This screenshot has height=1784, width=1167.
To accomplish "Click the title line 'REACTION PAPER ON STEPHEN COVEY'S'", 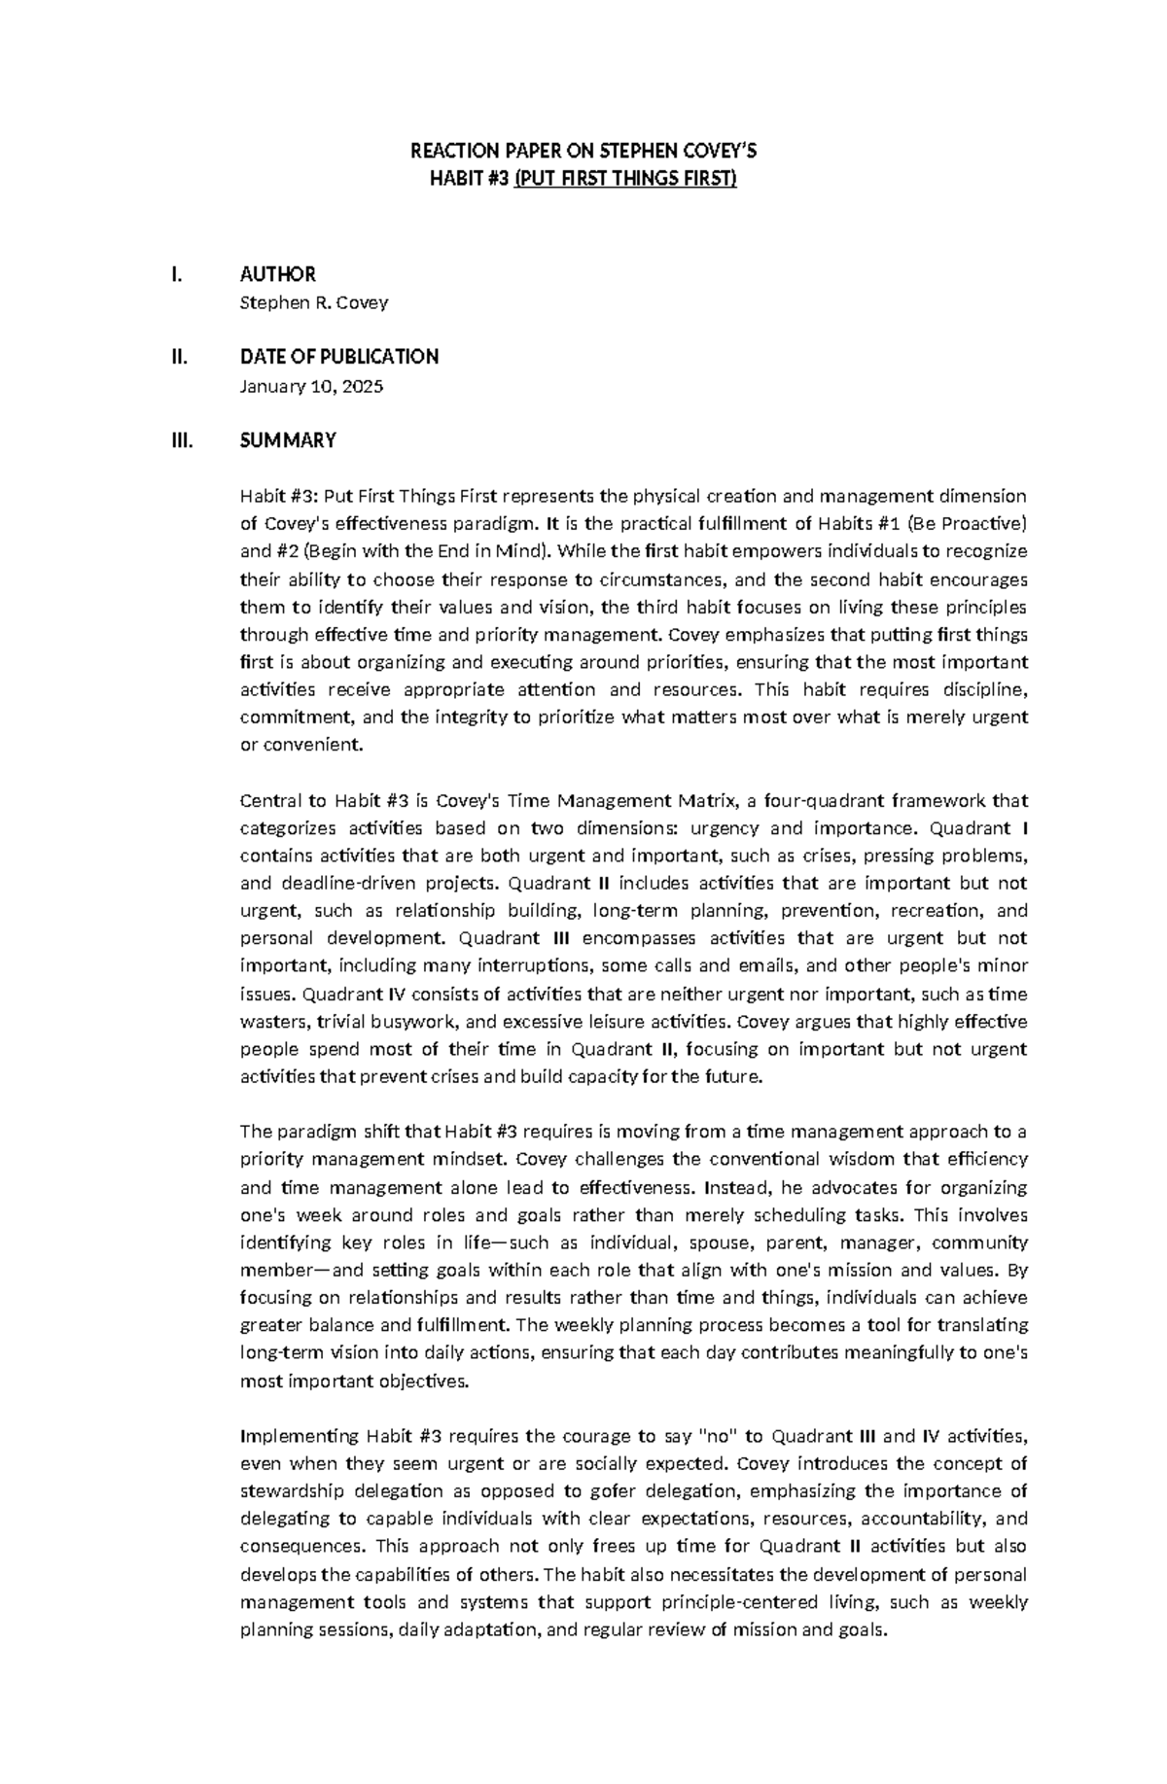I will pos(583,151).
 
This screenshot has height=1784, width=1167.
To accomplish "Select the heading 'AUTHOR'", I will pos(277,274).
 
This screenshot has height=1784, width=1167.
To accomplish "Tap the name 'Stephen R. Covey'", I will pos(313,302).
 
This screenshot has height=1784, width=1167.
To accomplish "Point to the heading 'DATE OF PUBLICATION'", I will pos(338,357).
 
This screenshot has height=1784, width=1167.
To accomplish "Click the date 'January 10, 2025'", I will pos(311,386).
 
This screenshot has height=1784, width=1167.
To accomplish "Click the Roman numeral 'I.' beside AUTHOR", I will pos(175,274).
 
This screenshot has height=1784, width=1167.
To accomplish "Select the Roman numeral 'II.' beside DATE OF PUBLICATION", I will pos(177,357).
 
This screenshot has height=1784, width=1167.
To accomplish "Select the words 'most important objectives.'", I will pos(354,1380).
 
